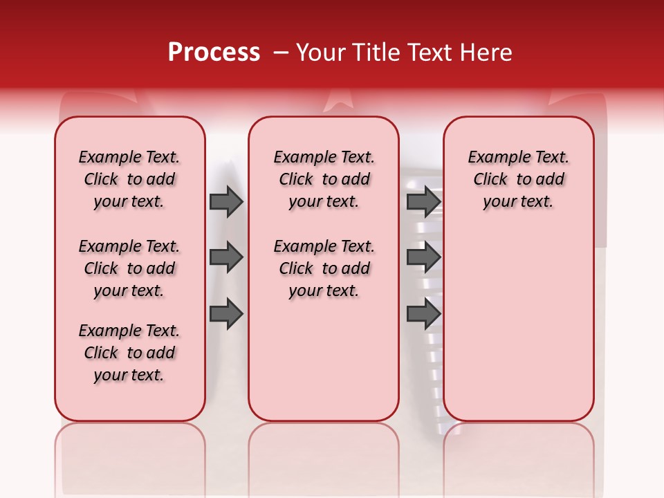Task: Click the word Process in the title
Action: tap(214, 53)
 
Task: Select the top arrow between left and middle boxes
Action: tap(226, 202)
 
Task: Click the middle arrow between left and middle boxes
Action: tap(226, 258)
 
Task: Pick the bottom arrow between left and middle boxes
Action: tap(226, 314)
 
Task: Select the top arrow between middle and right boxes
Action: tap(423, 202)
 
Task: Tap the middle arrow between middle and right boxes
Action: tap(423, 258)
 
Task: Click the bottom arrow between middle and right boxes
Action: tap(423, 314)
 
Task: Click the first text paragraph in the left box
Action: tap(129, 179)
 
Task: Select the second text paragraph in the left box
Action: tap(129, 268)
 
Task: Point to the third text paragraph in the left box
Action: tap(129, 353)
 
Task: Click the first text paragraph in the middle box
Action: tap(324, 179)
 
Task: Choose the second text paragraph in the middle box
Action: tap(324, 268)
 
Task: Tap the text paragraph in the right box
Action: tap(518, 179)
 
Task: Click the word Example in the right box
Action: tap(496, 158)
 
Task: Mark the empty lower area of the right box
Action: tap(518, 325)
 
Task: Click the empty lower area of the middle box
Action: tap(324, 360)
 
